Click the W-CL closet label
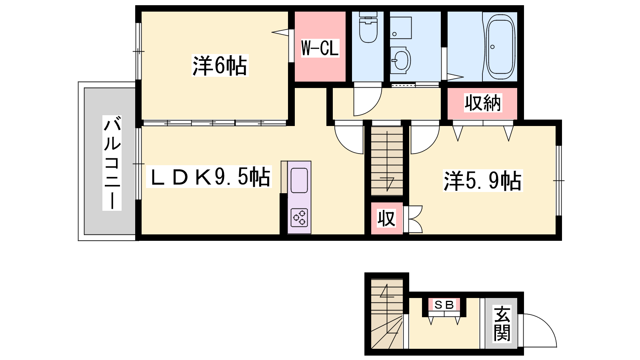point(320,48)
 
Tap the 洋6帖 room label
point(220,66)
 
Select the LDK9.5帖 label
point(208,177)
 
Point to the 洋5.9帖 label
point(482,180)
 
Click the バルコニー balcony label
point(112,163)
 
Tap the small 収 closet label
point(386,218)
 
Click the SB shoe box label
point(444,305)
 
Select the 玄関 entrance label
point(502,324)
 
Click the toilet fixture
point(368,27)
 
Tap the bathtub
point(500,47)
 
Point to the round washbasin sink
point(401,60)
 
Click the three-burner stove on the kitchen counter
point(299,218)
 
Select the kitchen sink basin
point(299,180)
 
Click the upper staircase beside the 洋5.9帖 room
point(387,161)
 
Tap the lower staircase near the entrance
point(387,314)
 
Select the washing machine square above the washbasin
point(401,28)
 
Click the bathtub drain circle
point(492,47)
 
